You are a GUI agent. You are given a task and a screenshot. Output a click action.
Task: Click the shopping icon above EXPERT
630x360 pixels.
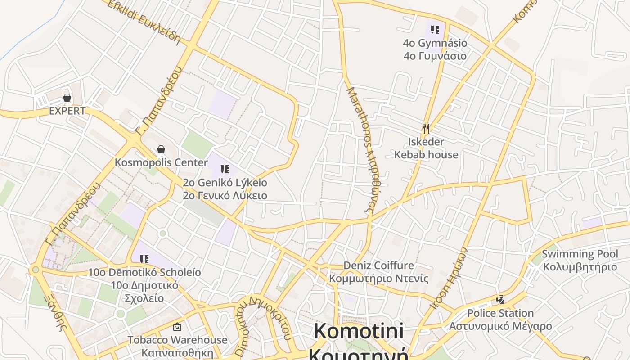67,98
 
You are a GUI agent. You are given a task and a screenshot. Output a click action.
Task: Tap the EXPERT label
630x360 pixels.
67,111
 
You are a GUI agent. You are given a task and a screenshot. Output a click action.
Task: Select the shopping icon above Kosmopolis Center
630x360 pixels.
161,149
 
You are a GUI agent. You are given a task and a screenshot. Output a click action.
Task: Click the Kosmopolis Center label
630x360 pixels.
161,162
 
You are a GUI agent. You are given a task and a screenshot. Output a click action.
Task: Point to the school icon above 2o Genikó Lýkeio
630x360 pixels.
225,169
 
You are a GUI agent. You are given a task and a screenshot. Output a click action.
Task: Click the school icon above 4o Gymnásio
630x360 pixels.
435,30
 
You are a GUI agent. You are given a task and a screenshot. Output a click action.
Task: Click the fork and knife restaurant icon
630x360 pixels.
426,129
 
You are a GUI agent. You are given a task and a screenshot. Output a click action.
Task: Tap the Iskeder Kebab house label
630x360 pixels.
426,148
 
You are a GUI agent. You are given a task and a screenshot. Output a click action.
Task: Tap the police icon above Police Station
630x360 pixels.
500,300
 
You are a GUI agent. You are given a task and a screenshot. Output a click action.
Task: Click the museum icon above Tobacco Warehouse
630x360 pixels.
177,327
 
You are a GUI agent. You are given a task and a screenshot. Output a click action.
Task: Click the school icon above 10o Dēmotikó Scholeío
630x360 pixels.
144,259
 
